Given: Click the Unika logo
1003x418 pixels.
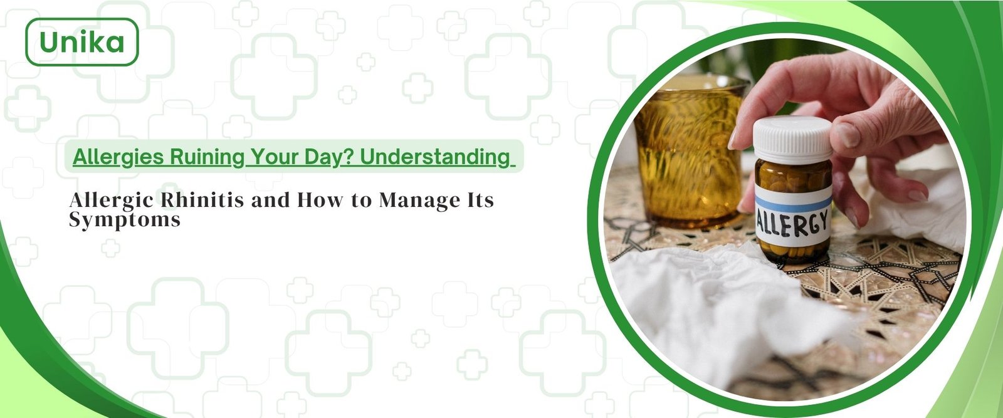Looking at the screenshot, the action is coord(82,42).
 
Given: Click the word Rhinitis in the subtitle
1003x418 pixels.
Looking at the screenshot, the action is coord(202,200).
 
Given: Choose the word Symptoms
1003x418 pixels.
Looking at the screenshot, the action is coord(125,220).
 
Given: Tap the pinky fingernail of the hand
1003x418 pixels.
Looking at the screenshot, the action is coord(917,196).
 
